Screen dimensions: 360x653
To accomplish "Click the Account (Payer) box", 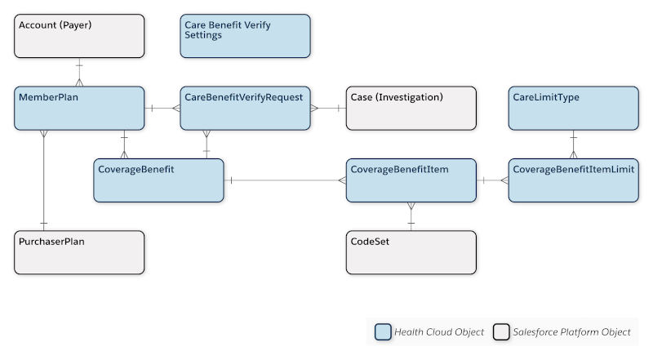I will [79, 36].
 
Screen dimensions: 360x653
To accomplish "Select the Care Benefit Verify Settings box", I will [245, 36].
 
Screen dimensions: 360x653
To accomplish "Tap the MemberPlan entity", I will [79, 108].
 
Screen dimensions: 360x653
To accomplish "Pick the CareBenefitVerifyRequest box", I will [245, 108].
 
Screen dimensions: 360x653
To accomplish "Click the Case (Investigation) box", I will [411, 108].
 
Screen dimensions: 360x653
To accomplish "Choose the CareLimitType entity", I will [573, 108].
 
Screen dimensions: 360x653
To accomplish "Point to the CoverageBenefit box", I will [158, 180].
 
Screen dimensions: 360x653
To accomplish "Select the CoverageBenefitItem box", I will [411, 180].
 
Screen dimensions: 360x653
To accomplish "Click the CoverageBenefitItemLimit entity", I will [573, 180].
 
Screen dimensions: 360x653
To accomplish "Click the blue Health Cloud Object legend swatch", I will [383, 332].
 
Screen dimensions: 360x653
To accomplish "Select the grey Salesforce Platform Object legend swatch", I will [500, 332].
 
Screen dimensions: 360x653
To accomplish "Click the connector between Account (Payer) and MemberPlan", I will [79, 72].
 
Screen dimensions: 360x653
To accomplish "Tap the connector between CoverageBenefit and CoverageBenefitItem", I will [285, 180].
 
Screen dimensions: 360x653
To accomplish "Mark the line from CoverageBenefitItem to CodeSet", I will [411, 216].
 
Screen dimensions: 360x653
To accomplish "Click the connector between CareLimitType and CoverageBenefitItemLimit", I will [573, 144].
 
